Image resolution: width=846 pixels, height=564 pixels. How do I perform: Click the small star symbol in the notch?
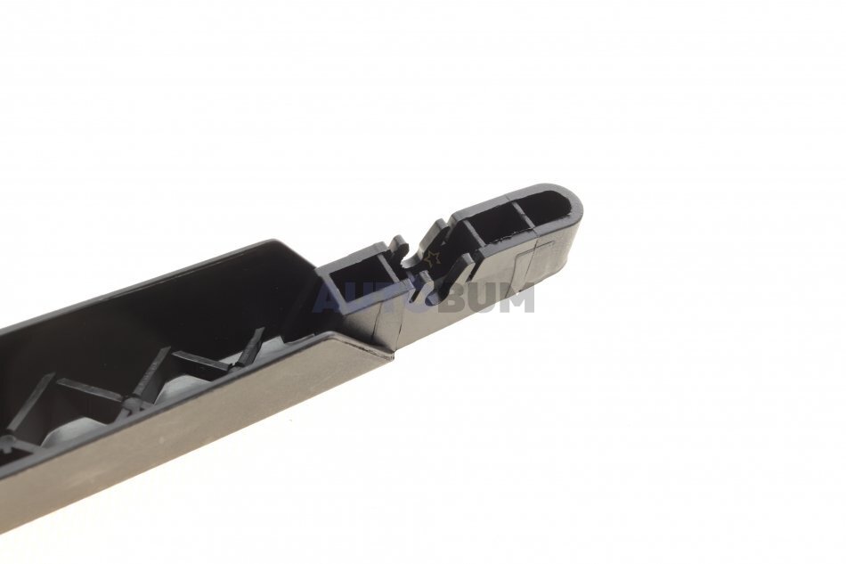433,257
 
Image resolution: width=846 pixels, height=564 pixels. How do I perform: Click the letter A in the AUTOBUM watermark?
327,298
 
